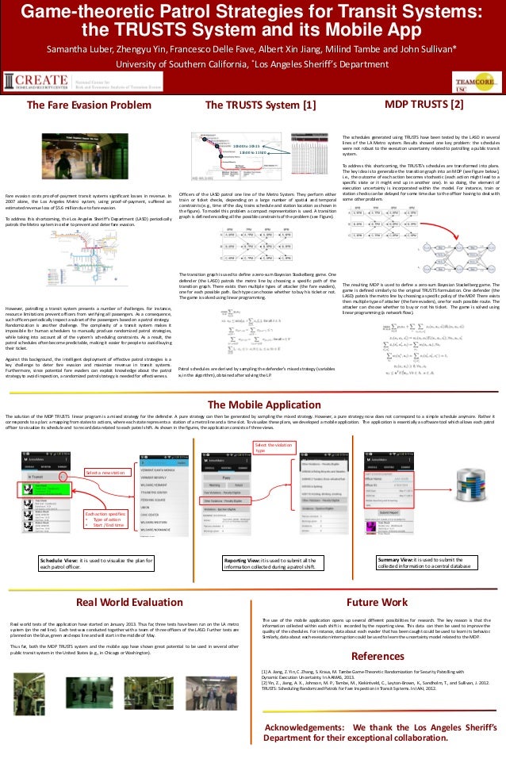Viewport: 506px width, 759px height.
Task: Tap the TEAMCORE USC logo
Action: pyautogui.click(x=473, y=84)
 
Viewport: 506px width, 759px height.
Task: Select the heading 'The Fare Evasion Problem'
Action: pyautogui.click(x=89, y=105)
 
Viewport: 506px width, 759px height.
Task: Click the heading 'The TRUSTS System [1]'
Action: pyautogui.click(x=260, y=105)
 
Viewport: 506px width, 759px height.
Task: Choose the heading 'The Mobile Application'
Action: pyautogui.click(x=252, y=404)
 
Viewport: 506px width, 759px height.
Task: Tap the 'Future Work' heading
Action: pyautogui.click(x=382, y=602)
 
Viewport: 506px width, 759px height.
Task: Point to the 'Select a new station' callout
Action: pyautogui.click(x=105, y=473)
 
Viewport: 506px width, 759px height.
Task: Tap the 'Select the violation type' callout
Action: pyautogui.click(x=274, y=448)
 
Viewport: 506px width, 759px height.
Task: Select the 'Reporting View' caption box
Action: pyautogui.click(x=274, y=563)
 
